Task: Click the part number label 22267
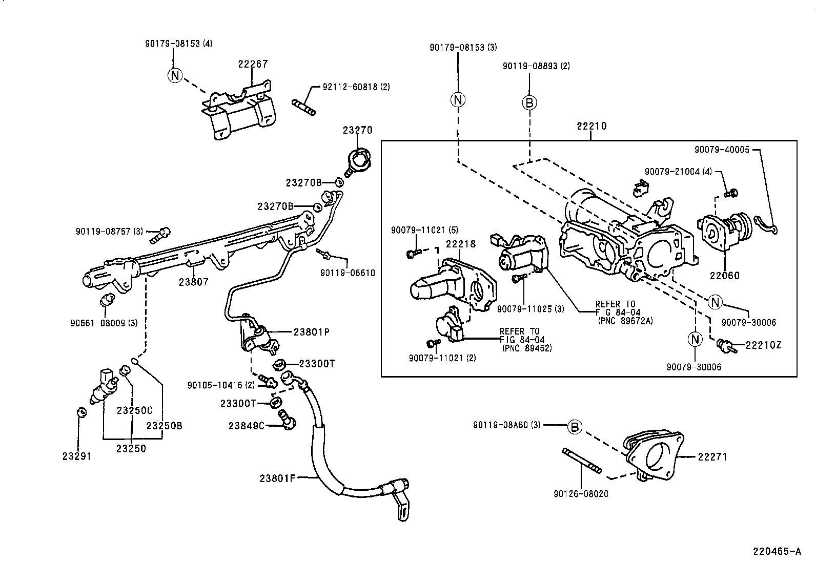pyautogui.click(x=253, y=64)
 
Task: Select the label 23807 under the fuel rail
pyautogui.click(x=194, y=281)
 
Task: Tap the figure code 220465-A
pyautogui.click(x=777, y=551)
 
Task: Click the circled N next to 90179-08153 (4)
pyautogui.click(x=175, y=76)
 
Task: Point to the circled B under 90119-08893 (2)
pyautogui.click(x=529, y=102)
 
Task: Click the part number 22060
pyautogui.click(x=725, y=276)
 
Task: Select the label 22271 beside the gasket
pyautogui.click(x=712, y=457)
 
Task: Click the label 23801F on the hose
pyautogui.click(x=278, y=478)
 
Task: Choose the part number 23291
pyautogui.click(x=77, y=456)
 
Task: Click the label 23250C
pyautogui.click(x=134, y=410)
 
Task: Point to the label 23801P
pyautogui.click(x=311, y=332)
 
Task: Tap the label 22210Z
pyautogui.click(x=763, y=345)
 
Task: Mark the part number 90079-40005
pyautogui.click(x=722, y=150)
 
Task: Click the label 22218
pyautogui.click(x=460, y=244)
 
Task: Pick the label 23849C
pyautogui.click(x=246, y=425)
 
